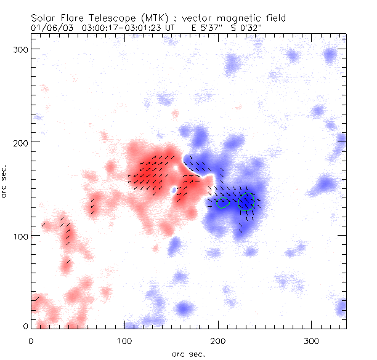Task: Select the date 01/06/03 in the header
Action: pyautogui.click(x=50, y=28)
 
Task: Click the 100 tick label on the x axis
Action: pyautogui.click(x=125, y=340)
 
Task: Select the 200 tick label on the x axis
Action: pyautogui.click(x=219, y=340)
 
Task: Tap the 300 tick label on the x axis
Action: pyautogui.click(x=312, y=340)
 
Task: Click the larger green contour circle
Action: pyautogui.click(x=246, y=201)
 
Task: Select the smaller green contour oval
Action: pyautogui.click(x=224, y=202)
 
